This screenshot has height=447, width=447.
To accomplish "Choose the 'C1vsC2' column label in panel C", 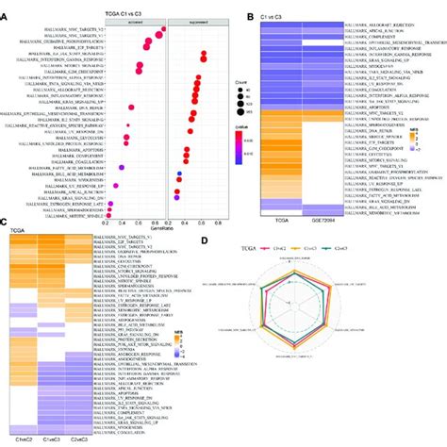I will coord(24,440).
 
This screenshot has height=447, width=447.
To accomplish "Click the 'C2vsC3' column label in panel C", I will coord(80,440).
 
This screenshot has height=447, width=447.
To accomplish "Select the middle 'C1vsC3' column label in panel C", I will coord(52,440).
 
